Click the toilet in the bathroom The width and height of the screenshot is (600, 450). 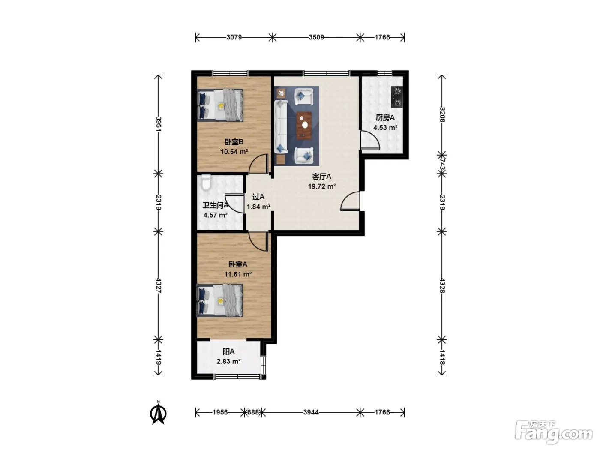206,182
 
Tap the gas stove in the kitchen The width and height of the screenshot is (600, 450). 397,96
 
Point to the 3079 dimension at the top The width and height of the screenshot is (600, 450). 234,37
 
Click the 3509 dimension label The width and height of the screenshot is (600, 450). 316,37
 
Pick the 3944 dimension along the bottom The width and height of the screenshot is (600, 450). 311,412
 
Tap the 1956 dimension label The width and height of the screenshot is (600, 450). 220,412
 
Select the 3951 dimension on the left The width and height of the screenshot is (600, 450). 159,124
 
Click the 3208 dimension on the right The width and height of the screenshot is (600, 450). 442,114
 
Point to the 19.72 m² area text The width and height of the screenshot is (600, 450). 322,186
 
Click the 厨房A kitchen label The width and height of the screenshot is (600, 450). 385,118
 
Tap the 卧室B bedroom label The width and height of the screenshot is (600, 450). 234,142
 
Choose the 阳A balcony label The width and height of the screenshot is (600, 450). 228,351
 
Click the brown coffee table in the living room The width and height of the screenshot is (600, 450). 304,126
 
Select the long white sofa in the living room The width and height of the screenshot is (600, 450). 281,127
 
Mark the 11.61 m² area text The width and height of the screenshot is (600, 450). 238,274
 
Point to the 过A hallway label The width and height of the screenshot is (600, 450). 258,197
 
